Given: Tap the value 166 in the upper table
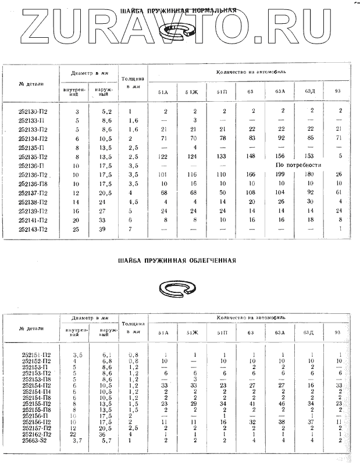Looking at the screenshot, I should click(251, 174).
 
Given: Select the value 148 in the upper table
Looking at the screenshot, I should click(251, 156).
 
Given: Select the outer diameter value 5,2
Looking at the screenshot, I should click(106, 110).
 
